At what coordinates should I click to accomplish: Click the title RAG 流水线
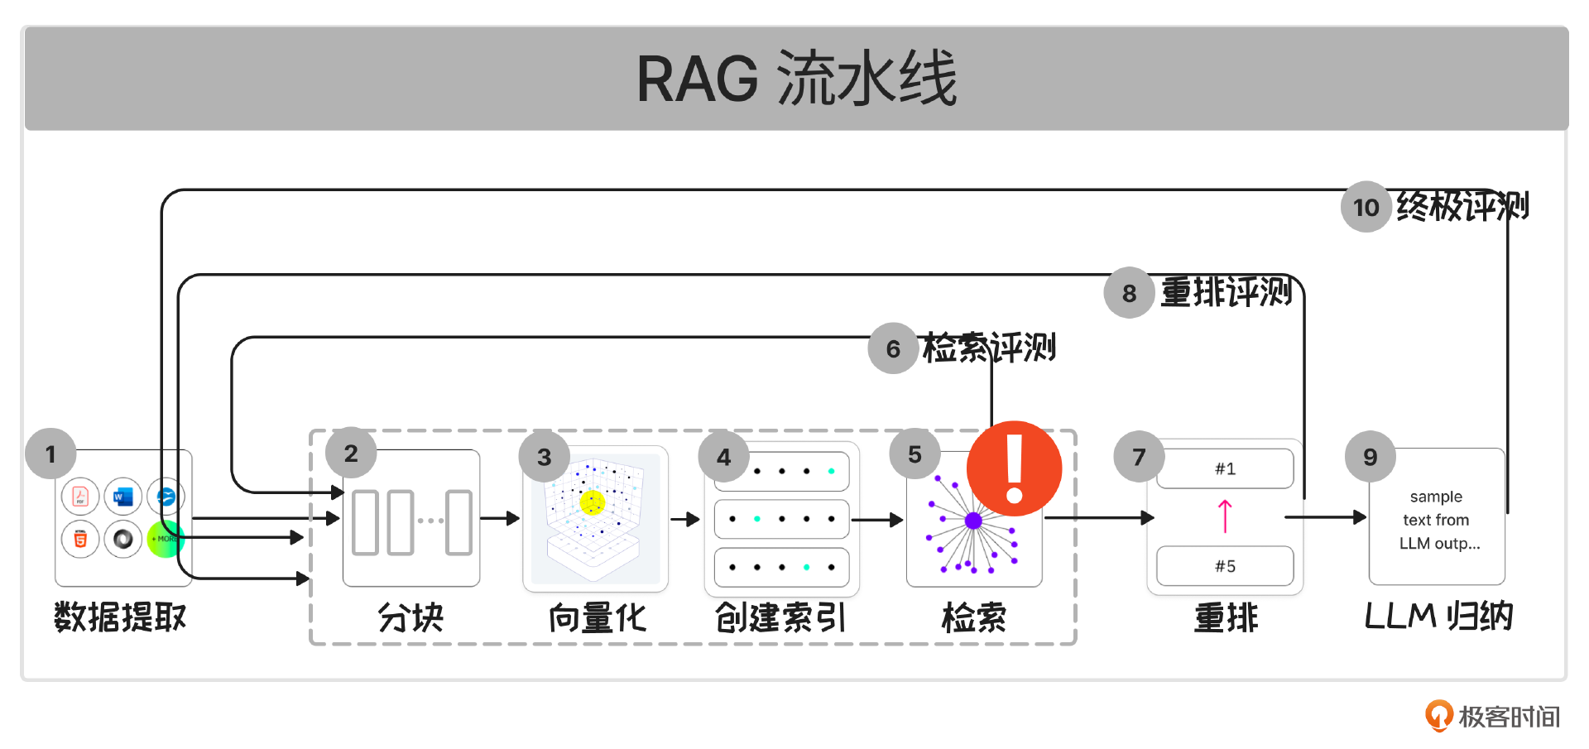pos(796,79)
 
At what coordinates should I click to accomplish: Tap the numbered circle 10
pos(1366,207)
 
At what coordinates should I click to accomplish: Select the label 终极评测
pos(1462,206)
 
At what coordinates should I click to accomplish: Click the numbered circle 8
pos(1129,293)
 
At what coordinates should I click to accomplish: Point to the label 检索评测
pos(989,348)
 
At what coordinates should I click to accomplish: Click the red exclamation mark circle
pos(1014,468)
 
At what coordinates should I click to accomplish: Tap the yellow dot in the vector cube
pos(593,502)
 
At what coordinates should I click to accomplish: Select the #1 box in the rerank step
pos(1225,469)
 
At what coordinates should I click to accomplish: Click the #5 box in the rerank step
pos(1225,566)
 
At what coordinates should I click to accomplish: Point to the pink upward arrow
pos(1225,516)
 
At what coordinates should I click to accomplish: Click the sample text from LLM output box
pos(1437,519)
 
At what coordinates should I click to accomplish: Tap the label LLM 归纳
pos(1438,617)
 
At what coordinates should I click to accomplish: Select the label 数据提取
pos(121,617)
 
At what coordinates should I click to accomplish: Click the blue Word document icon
pos(123,497)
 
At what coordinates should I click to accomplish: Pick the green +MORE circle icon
pos(165,539)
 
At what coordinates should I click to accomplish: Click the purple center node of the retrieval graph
pos(973,521)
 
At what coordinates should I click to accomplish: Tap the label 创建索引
pos(780,617)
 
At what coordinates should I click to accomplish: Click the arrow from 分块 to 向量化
pos(500,519)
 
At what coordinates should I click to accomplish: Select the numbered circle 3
pos(544,457)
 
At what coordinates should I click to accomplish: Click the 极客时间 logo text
pos(1508,717)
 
